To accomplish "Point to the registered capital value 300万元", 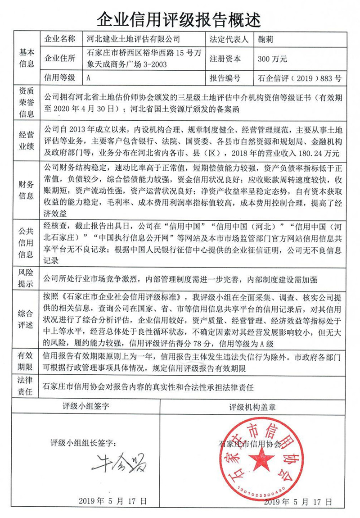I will (271, 59).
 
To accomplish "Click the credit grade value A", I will (88, 77).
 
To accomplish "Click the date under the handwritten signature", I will (112, 500).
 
